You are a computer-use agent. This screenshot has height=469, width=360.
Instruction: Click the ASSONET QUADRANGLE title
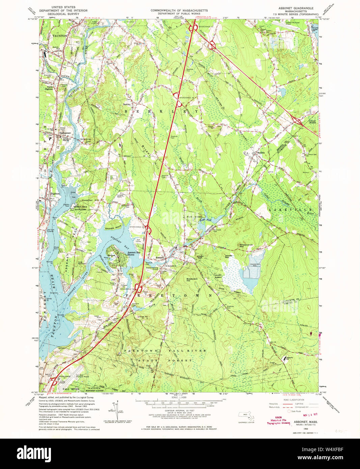pyautogui.click(x=296, y=8)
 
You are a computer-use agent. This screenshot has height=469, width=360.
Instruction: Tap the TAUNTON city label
pyautogui.click(x=60, y=35)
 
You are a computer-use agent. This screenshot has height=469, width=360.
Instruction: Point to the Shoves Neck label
pyautogui.click(x=113, y=228)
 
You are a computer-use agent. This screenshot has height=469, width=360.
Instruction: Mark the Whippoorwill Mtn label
pyautogui.click(x=246, y=246)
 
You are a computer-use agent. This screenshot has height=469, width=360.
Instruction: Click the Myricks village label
pyautogui.click(x=260, y=153)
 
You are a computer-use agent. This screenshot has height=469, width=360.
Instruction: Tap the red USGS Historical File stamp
pyautogui.click(x=278, y=422)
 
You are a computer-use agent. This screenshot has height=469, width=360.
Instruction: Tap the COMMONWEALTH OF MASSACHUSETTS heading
pyautogui.click(x=179, y=10)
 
